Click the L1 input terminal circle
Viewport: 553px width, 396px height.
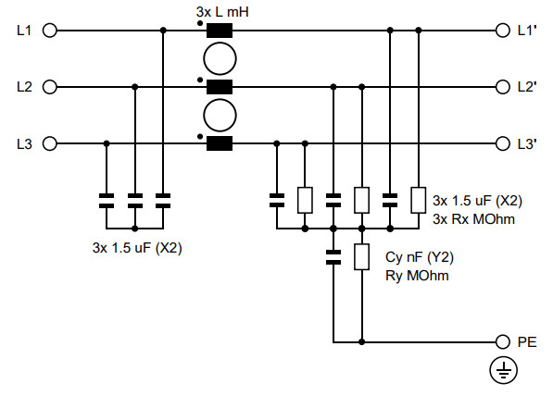point(50,31)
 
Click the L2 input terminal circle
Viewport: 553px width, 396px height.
point(50,87)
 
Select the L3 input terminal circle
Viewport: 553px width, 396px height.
point(50,143)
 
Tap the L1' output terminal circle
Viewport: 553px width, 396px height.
point(503,31)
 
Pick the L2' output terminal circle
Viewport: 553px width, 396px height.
point(503,87)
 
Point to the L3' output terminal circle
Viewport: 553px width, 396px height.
point(503,143)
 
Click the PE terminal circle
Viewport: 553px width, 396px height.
point(503,340)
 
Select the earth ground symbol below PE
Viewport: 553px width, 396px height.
point(503,371)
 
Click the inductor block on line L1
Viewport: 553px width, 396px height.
point(219,31)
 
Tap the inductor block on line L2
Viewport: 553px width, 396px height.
point(219,87)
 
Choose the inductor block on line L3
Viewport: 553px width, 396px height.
point(219,143)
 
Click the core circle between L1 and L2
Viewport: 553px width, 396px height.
point(219,58)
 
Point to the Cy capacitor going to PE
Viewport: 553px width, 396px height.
point(333,256)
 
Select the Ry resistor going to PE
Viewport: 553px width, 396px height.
point(362,256)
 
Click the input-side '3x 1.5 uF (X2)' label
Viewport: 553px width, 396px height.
point(135,247)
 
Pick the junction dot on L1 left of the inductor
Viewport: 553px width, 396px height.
point(164,31)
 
